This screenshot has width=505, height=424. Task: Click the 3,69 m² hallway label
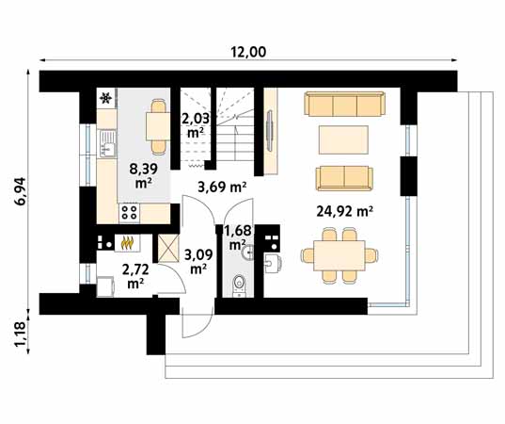pos(222,188)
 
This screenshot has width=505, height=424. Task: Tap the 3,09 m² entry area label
pos(197,260)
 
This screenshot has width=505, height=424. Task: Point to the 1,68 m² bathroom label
pos(240,236)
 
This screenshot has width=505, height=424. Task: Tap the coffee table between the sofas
pos(344,139)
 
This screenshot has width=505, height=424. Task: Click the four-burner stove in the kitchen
pos(128,214)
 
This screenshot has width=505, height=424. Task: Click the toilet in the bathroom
pos(239,283)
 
